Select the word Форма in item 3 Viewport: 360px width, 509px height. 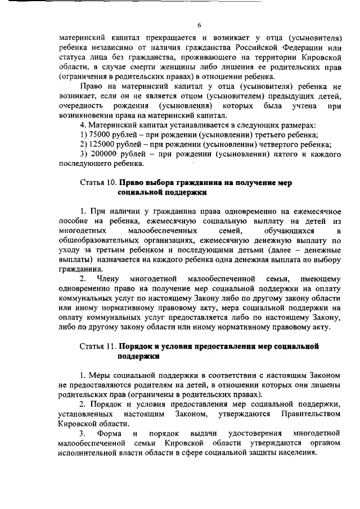107,433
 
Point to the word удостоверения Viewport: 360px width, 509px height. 254,433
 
